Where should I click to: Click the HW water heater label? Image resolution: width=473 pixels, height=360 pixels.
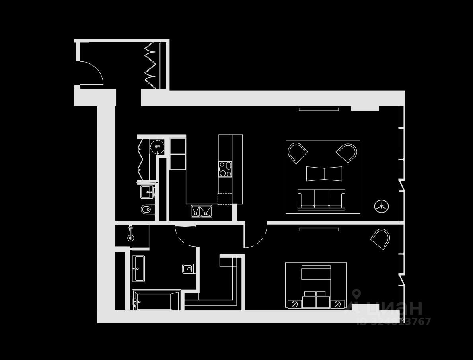tap(157, 147)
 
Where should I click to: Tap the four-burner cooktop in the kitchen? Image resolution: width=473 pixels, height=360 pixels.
tap(225, 169)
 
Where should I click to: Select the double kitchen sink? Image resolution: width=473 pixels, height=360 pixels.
tap(201, 211)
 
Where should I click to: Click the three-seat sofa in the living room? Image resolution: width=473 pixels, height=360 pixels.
tap(321, 200)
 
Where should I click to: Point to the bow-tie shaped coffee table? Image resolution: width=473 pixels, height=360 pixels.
tap(324, 174)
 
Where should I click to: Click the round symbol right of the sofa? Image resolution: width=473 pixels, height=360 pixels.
tap(382, 206)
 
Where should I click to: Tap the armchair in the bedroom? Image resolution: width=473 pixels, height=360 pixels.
tap(381, 239)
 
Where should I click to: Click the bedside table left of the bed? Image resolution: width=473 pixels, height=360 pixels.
tap(294, 304)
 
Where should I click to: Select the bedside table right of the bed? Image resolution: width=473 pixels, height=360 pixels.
tap(337, 304)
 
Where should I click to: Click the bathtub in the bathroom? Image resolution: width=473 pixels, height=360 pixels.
tap(156, 301)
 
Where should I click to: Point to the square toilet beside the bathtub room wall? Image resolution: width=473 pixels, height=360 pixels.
tap(188, 269)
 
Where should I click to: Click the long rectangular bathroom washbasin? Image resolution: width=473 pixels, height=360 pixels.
tap(138, 268)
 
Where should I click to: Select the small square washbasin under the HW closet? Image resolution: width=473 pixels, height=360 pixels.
tap(146, 192)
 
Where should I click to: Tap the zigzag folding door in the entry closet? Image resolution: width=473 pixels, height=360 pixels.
tap(150, 65)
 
